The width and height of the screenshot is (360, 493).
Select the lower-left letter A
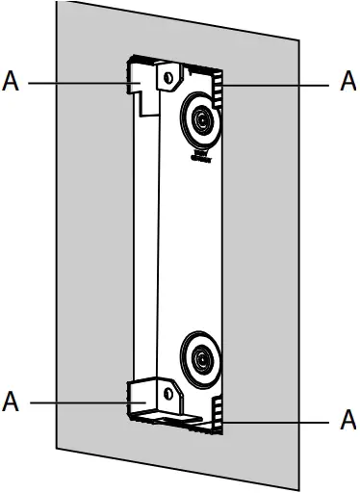tap(12, 399)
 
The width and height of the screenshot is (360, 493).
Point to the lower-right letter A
tap(348, 421)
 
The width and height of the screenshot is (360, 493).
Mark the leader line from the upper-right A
tap(279, 84)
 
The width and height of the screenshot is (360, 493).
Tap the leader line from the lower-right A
tap(279, 421)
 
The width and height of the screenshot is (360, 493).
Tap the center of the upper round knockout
tap(201, 121)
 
